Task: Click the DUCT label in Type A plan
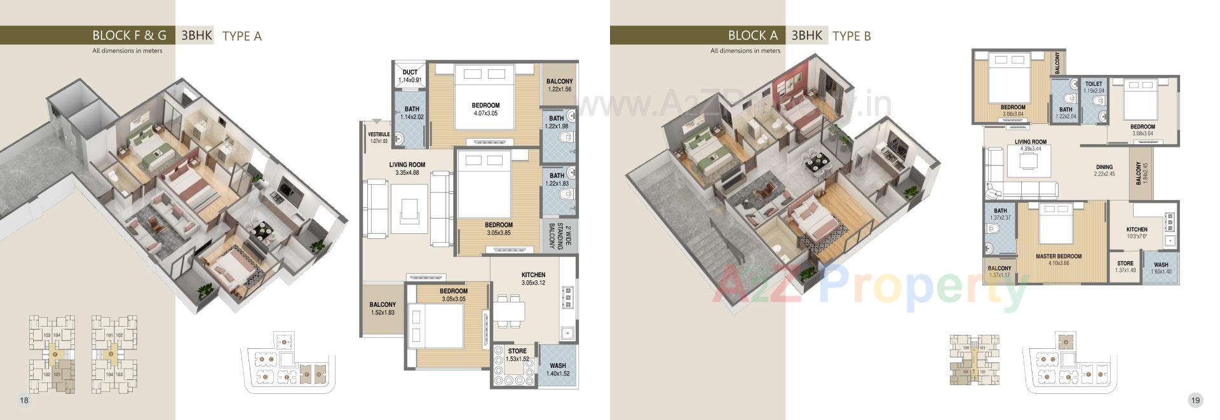coord(410,72)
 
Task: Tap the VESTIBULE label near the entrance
coord(379,135)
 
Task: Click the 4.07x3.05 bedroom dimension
coord(485,114)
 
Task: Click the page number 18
coord(24,400)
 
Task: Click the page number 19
coord(1195,400)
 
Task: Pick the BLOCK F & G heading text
coord(129,36)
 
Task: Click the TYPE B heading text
coord(851,36)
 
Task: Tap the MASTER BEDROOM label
coord(1058,257)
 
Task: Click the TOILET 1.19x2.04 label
coord(1094,84)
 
